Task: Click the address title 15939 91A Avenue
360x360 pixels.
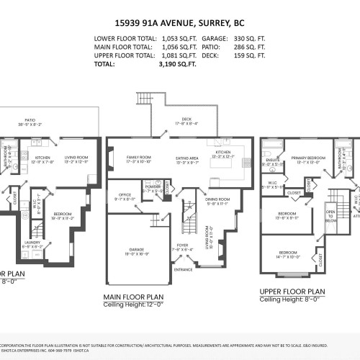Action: [x=179, y=22]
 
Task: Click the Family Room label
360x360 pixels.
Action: [x=139, y=157]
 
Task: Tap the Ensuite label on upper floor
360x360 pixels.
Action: [x=272, y=161]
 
